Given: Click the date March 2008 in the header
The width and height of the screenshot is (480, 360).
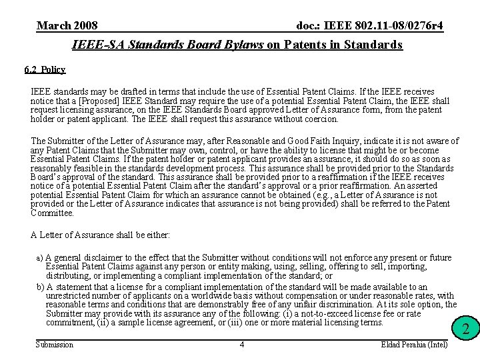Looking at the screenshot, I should [x=67, y=26].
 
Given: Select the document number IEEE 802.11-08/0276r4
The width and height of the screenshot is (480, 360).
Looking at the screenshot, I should [x=369, y=26].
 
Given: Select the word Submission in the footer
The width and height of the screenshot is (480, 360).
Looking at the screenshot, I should [x=54, y=344].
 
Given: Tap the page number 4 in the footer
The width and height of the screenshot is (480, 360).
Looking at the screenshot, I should [x=242, y=344].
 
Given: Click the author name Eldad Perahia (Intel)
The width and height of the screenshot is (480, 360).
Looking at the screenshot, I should [x=414, y=344].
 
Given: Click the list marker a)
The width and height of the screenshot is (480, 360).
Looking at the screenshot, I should [x=39, y=257].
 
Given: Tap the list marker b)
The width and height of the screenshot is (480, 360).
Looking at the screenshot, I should [x=39, y=286].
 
